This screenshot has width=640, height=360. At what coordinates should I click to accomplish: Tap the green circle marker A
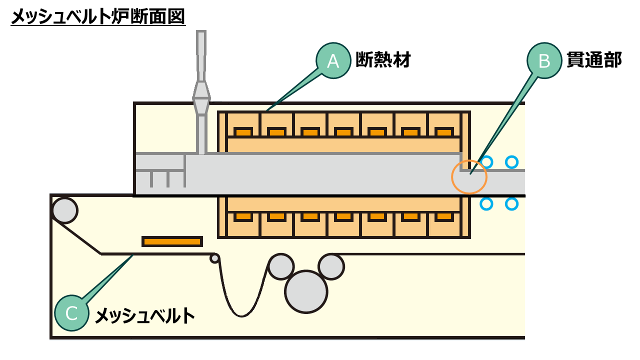[333, 61]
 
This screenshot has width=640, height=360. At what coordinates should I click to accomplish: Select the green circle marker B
[544, 61]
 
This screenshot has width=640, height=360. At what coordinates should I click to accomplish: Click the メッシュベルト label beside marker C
[144, 315]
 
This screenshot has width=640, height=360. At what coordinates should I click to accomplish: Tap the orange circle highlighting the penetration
[469, 176]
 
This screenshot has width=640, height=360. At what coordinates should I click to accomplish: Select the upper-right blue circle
[511, 162]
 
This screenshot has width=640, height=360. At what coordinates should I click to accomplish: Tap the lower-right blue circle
[511, 204]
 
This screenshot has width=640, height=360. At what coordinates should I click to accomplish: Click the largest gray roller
[306, 291]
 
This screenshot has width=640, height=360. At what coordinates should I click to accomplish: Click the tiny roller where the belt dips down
[214, 258]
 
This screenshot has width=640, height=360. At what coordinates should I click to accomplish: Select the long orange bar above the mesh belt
[172, 241]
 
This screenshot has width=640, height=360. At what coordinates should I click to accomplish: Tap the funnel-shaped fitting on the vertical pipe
[201, 97]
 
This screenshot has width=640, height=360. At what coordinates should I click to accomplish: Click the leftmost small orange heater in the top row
[243, 132]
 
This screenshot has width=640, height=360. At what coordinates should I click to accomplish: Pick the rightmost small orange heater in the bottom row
[444, 217]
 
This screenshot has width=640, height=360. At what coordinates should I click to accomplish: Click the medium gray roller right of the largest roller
[331, 266]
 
